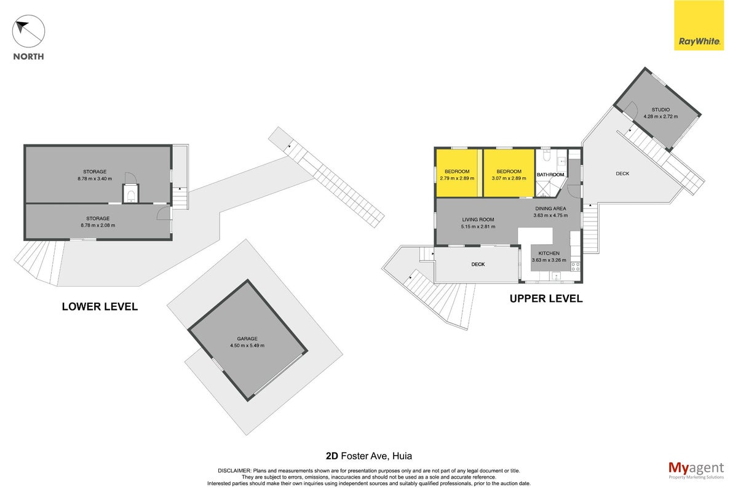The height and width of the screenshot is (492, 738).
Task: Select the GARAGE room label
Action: point(247,338)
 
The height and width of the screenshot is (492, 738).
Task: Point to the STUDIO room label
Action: point(661,109)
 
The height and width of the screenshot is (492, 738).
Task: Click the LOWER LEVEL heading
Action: point(100,306)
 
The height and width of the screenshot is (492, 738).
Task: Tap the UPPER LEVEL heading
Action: point(546,298)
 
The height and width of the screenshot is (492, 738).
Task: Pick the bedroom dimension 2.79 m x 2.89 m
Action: point(457,178)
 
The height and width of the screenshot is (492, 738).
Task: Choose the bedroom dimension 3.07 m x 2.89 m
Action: point(509,178)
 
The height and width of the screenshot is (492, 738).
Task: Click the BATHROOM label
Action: point(550,174)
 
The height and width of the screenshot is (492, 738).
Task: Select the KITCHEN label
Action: point(549,253)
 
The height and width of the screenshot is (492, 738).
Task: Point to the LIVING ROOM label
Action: point(478,220)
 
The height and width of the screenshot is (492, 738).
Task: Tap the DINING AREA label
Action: point(550,208)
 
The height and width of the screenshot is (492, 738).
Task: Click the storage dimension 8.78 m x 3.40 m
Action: point(95,178)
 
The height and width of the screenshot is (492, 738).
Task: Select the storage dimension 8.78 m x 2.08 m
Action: point(98,226)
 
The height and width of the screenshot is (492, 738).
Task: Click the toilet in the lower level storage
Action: point(131,196)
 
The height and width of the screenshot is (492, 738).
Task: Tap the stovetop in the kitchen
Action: point(576,266)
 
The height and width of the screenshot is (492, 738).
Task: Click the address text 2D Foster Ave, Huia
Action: point(368,456)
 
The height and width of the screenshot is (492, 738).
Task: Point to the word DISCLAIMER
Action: point(234,471)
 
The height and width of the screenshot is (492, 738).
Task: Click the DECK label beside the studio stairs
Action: point(622,173)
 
